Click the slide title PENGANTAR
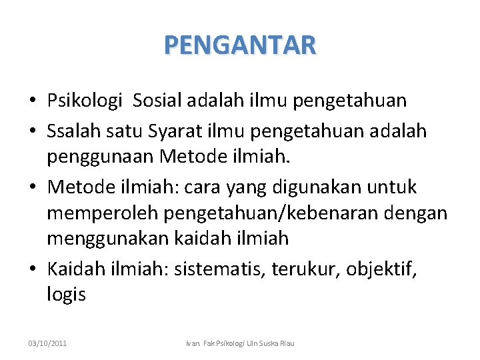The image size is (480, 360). coord(240,45)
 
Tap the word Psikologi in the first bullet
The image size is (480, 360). coord(85,101)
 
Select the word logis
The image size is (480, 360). coord(66,294)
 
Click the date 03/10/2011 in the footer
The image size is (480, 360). coord(47,343)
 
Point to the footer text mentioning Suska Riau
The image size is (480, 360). coord(239,343)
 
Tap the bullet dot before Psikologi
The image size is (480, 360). coord(33,101)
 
